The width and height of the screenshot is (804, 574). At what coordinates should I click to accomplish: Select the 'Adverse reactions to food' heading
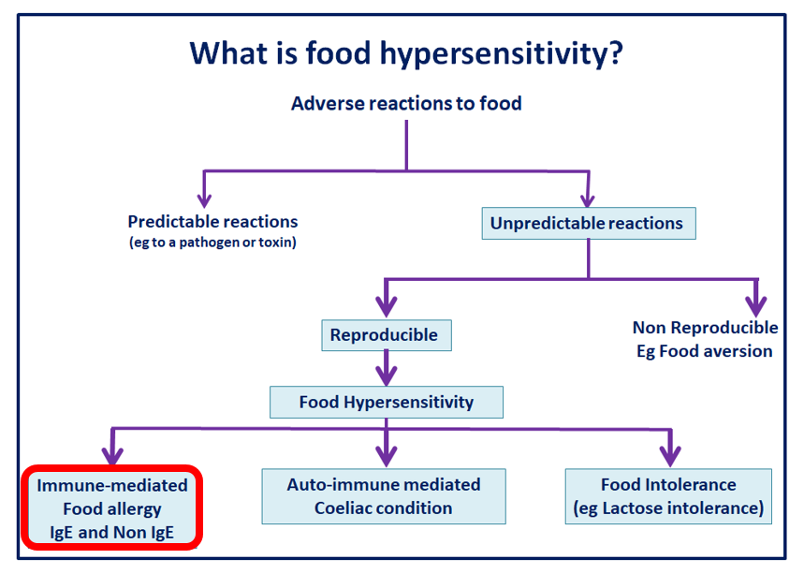406,103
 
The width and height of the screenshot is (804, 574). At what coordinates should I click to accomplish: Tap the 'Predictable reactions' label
212,222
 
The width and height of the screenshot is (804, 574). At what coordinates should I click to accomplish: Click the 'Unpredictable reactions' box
587,224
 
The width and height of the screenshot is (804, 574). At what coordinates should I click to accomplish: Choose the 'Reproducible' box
384,334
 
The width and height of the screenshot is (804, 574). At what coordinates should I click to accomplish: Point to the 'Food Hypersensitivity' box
386,403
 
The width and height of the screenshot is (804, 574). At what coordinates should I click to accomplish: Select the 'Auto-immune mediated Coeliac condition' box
383,496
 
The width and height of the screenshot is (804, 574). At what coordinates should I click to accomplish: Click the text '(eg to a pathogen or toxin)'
212,243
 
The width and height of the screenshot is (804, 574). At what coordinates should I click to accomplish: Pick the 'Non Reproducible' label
705,328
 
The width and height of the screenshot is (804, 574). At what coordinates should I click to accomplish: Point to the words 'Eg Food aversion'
705,351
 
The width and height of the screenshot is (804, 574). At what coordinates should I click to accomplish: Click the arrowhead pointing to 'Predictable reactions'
204,199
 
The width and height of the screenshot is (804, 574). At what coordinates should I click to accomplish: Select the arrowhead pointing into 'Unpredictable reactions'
587,199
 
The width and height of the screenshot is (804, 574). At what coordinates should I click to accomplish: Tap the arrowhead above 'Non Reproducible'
755,305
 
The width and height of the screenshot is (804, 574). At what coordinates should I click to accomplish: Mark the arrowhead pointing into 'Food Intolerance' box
668,456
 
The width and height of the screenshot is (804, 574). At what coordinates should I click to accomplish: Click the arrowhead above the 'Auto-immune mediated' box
385,456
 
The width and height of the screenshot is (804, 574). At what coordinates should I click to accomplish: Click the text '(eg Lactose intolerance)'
668,509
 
